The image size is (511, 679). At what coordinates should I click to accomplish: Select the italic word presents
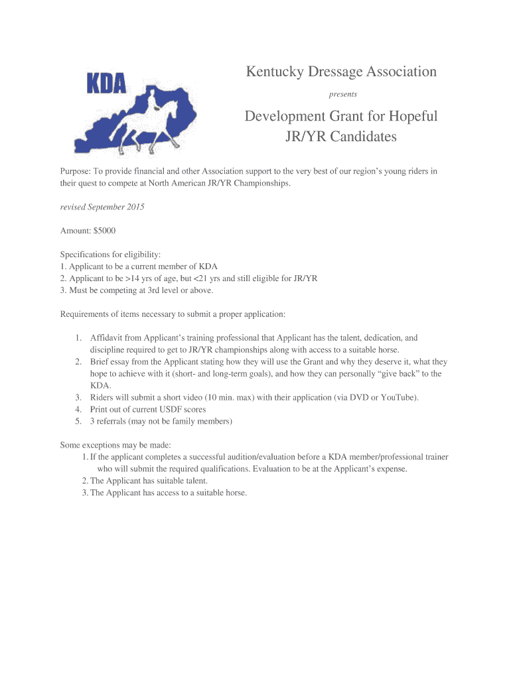coord(343,94)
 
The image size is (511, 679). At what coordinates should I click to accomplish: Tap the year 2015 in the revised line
coord(135,207)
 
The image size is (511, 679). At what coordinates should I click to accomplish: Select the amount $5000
coord(104,231)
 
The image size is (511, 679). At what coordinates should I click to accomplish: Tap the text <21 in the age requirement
coord(200,278)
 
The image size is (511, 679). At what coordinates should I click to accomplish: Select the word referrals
coord(113,421)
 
